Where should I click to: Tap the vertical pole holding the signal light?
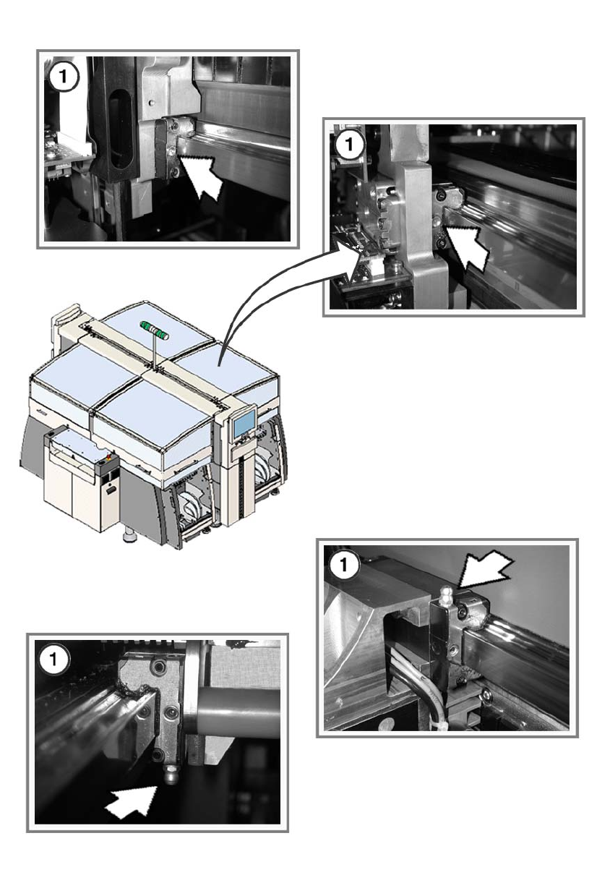(155, 354)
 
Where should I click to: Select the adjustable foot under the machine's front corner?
(129, 539)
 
